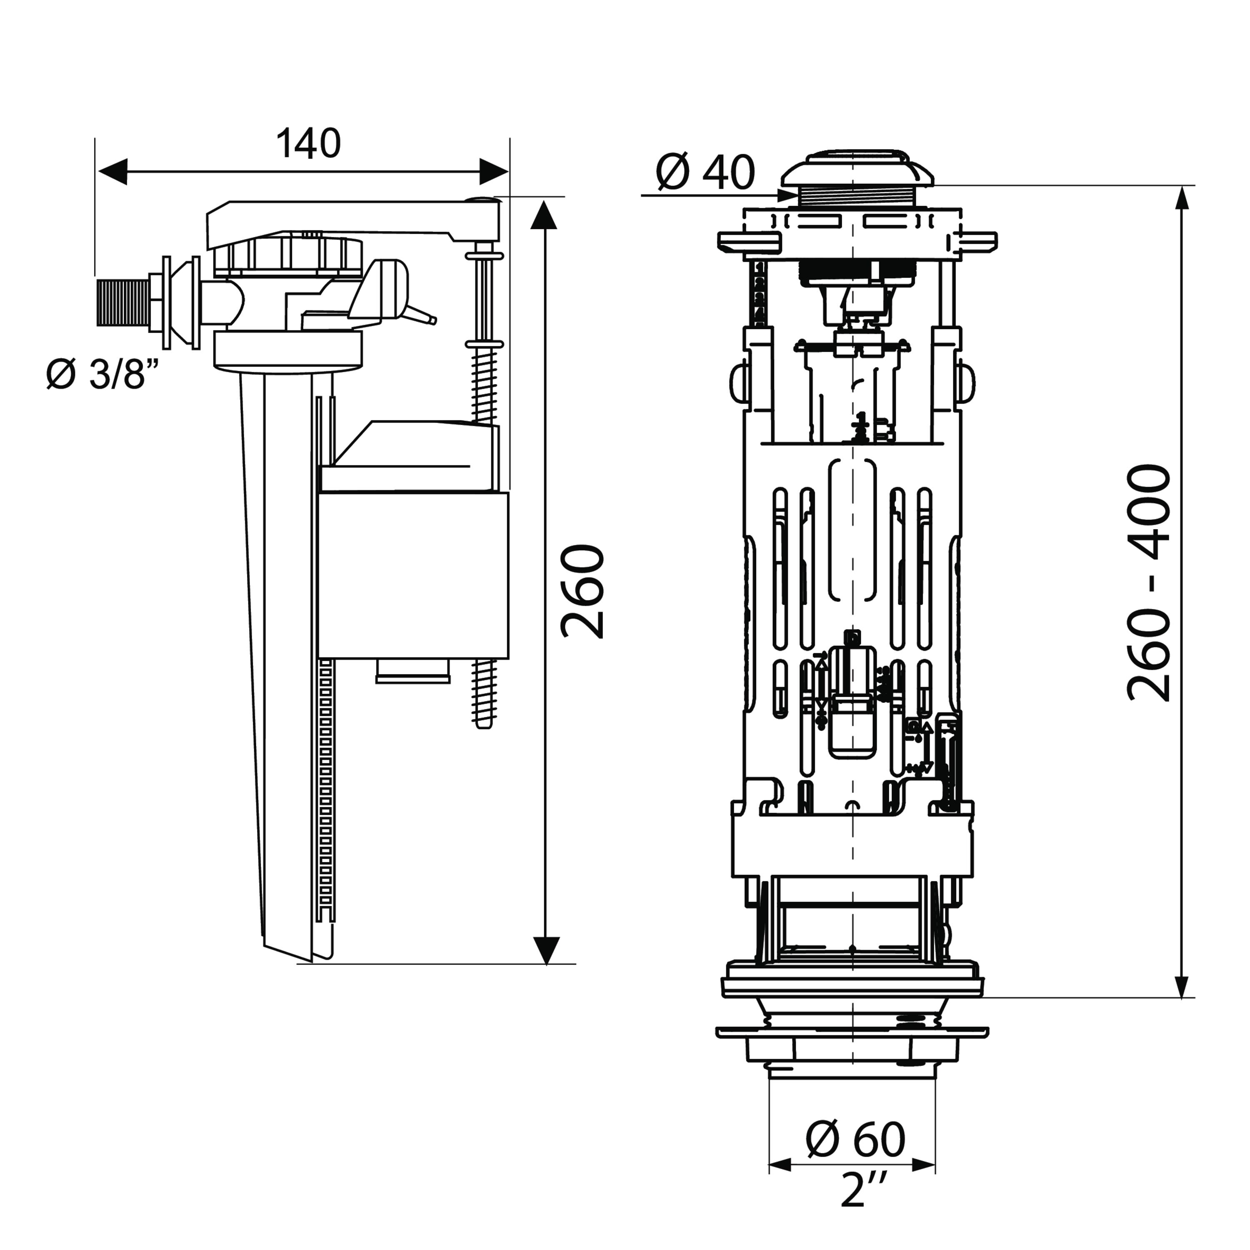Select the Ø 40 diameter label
click(705, 173)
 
